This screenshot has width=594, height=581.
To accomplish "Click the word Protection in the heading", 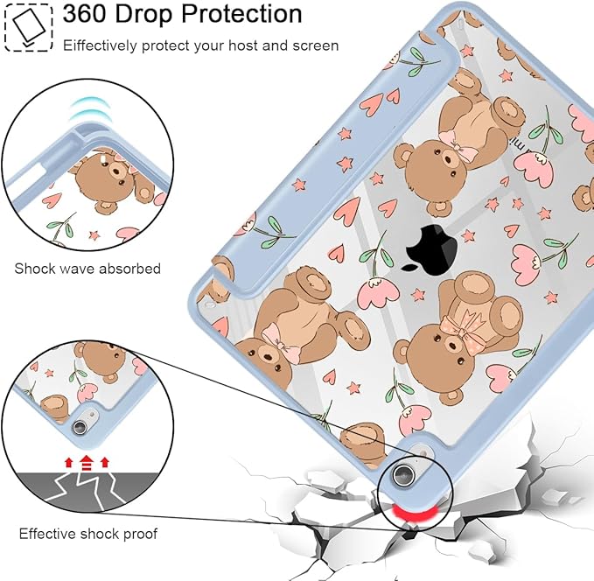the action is click(241, 14).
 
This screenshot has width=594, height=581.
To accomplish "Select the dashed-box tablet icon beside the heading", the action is click(28, 27).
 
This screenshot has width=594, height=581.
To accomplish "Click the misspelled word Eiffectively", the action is click(100, 45).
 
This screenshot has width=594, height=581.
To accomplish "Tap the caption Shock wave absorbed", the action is click(87, 269).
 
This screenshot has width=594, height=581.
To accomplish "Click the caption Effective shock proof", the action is click(87, 534).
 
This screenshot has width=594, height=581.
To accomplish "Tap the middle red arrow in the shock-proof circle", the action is click(87, 462).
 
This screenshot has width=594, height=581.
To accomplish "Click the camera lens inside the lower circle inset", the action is click(80, 426).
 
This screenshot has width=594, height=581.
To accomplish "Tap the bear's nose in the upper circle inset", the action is click(116, 172).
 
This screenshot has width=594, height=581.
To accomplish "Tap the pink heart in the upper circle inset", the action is click(52, 200).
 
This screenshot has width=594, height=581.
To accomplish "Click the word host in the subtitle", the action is click(243, 45).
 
